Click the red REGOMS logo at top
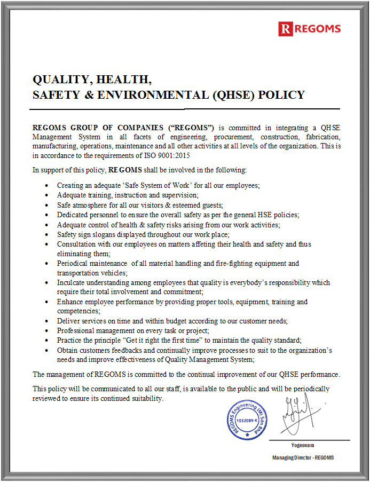click(x=309, y=28)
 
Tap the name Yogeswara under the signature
click(x=303, y=445)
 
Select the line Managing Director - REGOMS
click(x=303, y=458)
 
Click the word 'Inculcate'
click(x=72, y=282)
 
